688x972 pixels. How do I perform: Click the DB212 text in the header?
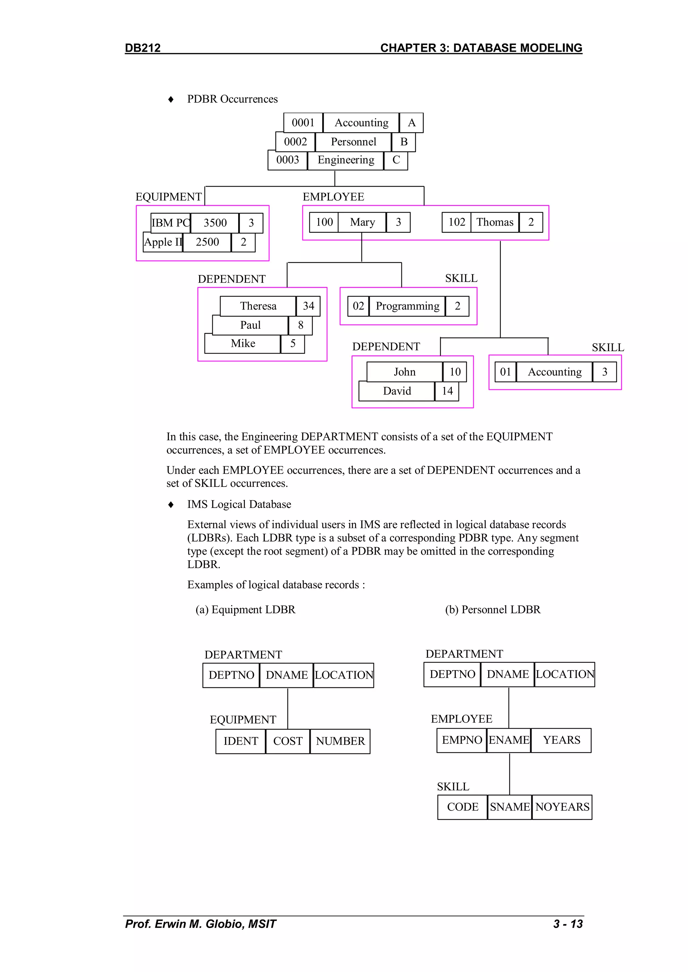coord(143,48)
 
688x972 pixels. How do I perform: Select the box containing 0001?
coord(303,123)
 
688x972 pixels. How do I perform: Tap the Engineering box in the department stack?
coord(346,160)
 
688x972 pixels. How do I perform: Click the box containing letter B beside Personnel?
coord(404,142)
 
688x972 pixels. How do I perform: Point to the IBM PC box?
coord(170,223)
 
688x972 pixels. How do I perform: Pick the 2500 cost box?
coord(207,242)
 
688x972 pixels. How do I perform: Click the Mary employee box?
coord(362,222)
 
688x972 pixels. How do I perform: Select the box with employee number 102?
coord(457,222)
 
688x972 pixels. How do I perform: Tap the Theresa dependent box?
coord(258,306)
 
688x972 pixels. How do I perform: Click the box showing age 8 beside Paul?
coord(300,325)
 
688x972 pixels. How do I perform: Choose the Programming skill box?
coord(407,306)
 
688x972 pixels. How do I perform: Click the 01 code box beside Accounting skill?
coord(505,372)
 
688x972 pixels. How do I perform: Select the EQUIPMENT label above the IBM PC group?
coord(168,197)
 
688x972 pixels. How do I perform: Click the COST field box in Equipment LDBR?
coord(288,741)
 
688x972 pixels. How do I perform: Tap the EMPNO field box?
coord(462,740)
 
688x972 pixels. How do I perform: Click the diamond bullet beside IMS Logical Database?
coord(171,505)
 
